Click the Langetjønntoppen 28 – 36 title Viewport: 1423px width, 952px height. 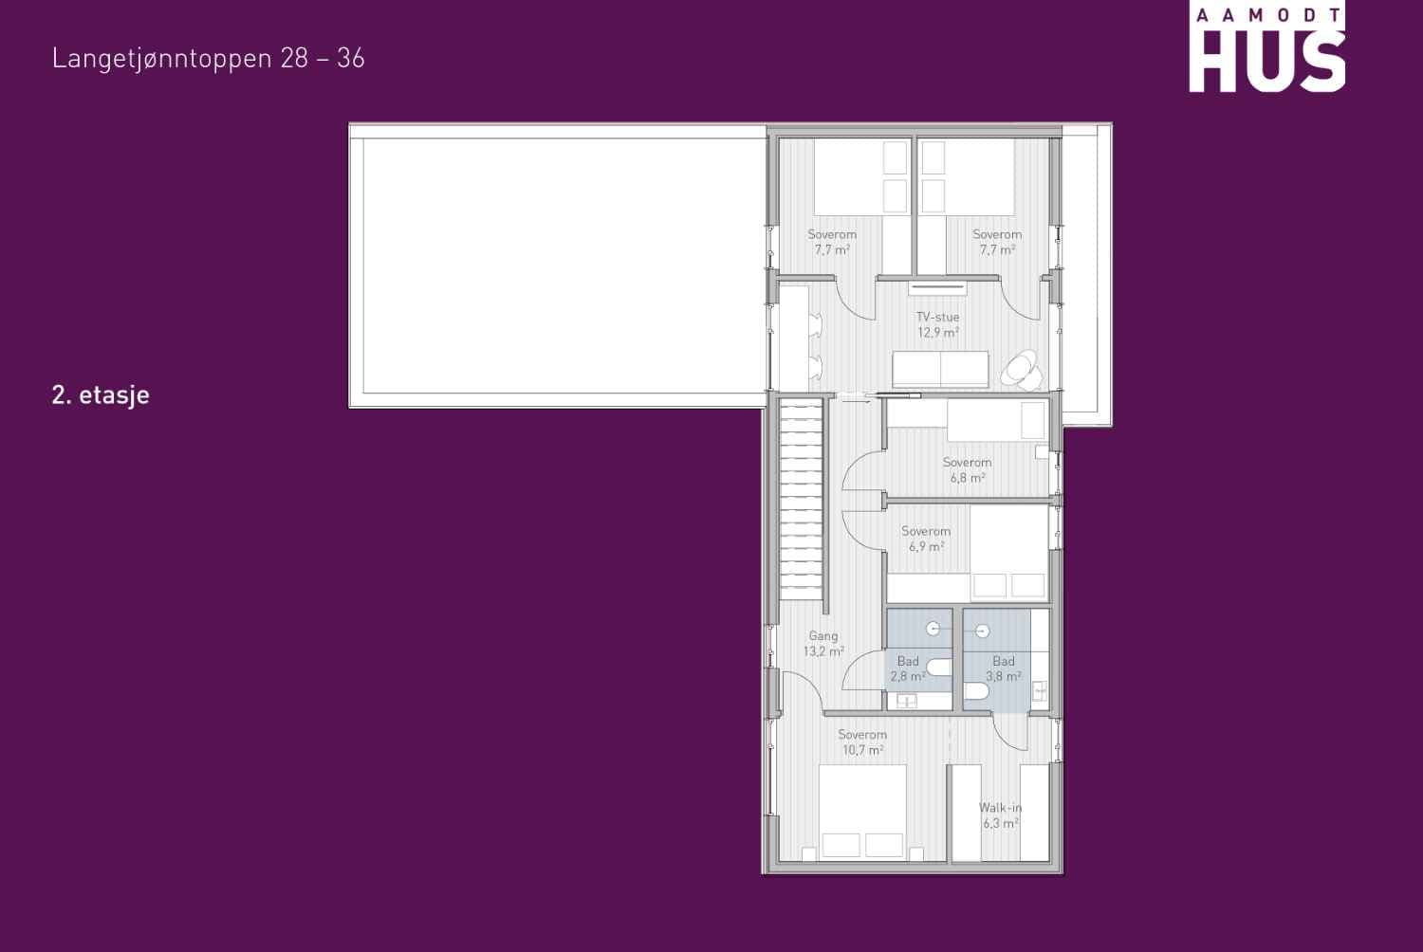point(209,59)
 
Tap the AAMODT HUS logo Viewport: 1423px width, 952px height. point(1266,48)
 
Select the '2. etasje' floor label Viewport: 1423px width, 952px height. point(101,395)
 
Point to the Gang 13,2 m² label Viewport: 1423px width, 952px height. point(823,643)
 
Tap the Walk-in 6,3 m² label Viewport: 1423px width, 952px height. point(1001,815)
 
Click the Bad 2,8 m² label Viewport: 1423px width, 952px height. point(908,668)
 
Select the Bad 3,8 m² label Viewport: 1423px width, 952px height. point(1004,668)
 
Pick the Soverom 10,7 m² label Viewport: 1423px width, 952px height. point(862,741)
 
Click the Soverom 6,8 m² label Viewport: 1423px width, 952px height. point(967,470)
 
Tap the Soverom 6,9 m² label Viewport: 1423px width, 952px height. point(926,539)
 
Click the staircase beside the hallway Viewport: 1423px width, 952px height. point(801,499)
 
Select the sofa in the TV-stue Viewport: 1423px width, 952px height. point(940,369)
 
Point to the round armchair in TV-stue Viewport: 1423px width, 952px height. point(1022,370)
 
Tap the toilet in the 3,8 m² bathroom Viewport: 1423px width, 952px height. point(976,691)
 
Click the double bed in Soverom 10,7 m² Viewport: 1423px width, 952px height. point(862,813)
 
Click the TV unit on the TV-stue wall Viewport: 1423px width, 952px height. point(937,287)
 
